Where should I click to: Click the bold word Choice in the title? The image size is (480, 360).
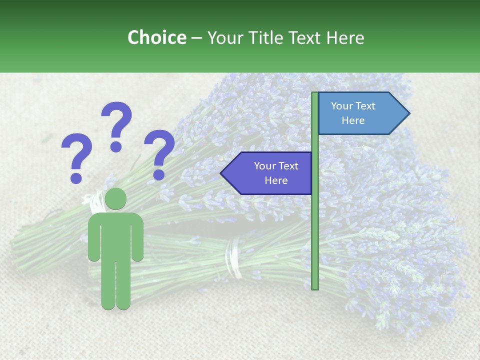coord(156,37)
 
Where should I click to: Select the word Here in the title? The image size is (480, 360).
coord(345,37)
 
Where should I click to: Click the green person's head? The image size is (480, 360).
coord(115,198)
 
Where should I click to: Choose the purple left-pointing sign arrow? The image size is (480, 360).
coord(268,173)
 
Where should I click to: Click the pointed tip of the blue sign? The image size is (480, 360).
coord(407,113)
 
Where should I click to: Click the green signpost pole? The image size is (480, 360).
coord(315,225)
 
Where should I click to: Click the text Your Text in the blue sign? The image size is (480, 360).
coord(353,106)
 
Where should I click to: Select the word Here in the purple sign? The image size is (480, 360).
coord(276,180)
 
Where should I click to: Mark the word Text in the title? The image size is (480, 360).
coord(305,37)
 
